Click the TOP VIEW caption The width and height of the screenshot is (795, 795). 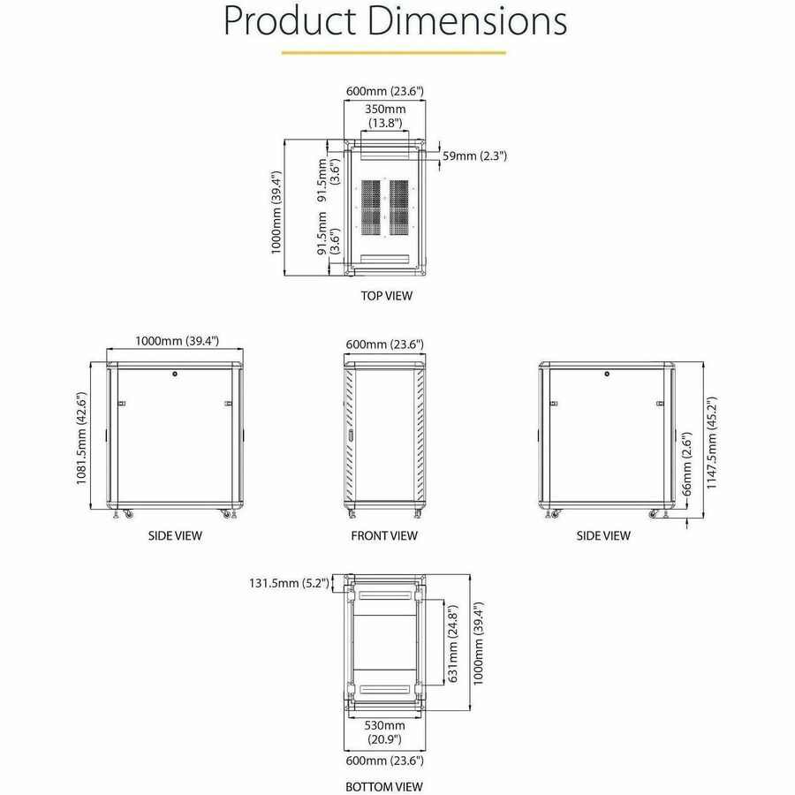[x=386, y=296]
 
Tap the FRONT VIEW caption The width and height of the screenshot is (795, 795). [x=384, y=535]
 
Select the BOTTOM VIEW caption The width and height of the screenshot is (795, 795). [x=384, y=786]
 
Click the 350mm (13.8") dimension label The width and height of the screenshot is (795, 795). [x=385, y=116]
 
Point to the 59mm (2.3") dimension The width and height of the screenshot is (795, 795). [x=474, y=155]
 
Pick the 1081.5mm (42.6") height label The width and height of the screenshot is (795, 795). [x=82, y=438]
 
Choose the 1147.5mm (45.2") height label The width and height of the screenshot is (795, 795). [x=712, y=443]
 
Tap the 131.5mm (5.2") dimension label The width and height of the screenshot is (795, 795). [x=289, y=583]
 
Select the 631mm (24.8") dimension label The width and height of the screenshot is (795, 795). [x=453, y=643]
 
